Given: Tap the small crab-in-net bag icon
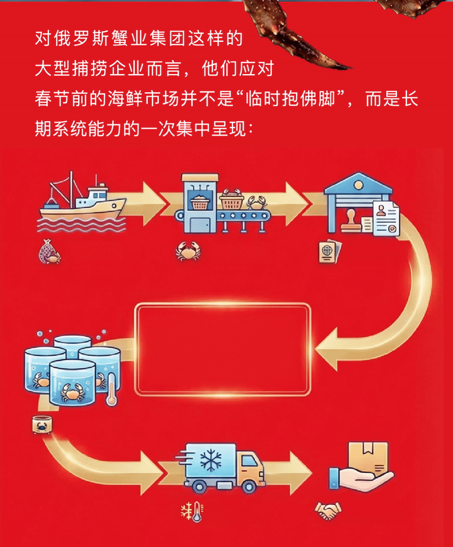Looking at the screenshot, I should (x=49, y=251).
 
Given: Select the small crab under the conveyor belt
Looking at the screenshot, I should (x=186, y=251).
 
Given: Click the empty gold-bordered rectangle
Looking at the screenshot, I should (x=223, y=349).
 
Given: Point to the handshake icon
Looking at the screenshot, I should (x=328, y=511).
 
